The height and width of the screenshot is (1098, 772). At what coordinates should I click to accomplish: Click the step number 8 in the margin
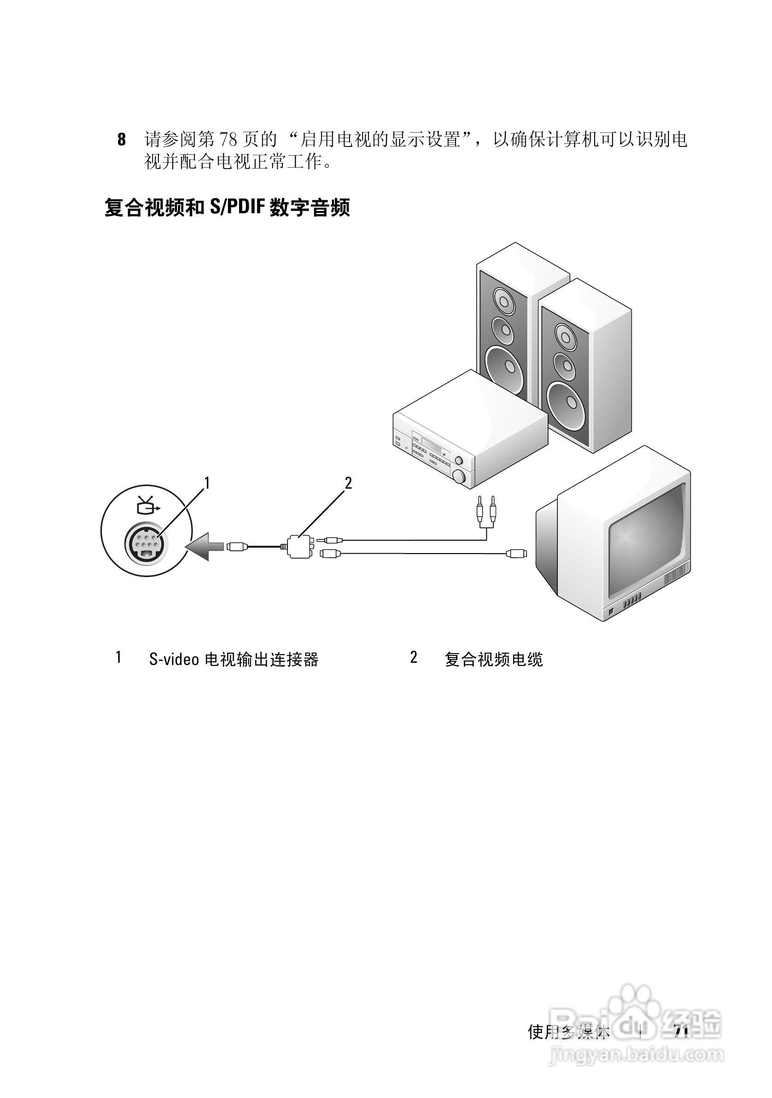(122, 140)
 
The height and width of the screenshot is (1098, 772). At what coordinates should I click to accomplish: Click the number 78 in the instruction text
(228, 140)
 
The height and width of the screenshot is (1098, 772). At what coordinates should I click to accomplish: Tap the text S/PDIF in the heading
(236, 208)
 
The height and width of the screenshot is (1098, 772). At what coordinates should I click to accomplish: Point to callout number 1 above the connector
(207, 484)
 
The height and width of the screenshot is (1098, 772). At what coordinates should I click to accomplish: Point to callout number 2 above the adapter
(348, 484)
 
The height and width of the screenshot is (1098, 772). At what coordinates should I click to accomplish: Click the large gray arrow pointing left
(205, 546)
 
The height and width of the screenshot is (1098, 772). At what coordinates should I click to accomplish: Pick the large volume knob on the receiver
(460, 476)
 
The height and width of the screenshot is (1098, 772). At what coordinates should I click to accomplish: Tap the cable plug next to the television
(516, 554)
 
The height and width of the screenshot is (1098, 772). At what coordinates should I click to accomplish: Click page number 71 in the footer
(681, 1033)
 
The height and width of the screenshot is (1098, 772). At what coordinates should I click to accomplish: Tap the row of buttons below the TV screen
(632, 600)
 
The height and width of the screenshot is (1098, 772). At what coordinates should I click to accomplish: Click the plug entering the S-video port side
(237, 546)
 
